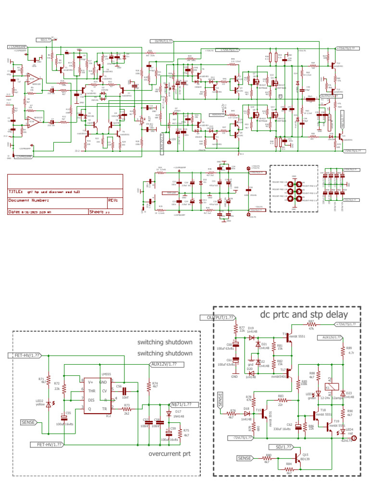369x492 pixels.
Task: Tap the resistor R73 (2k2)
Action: [126, 408]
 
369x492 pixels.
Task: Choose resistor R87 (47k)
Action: [311, 325]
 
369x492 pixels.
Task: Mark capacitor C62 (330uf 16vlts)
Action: [298, 426]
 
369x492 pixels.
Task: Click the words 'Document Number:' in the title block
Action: [29, 200]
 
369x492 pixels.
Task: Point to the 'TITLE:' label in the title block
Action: [16, 191]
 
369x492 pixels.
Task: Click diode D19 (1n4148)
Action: [252, 337]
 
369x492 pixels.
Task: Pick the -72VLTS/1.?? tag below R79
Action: [244, 438]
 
